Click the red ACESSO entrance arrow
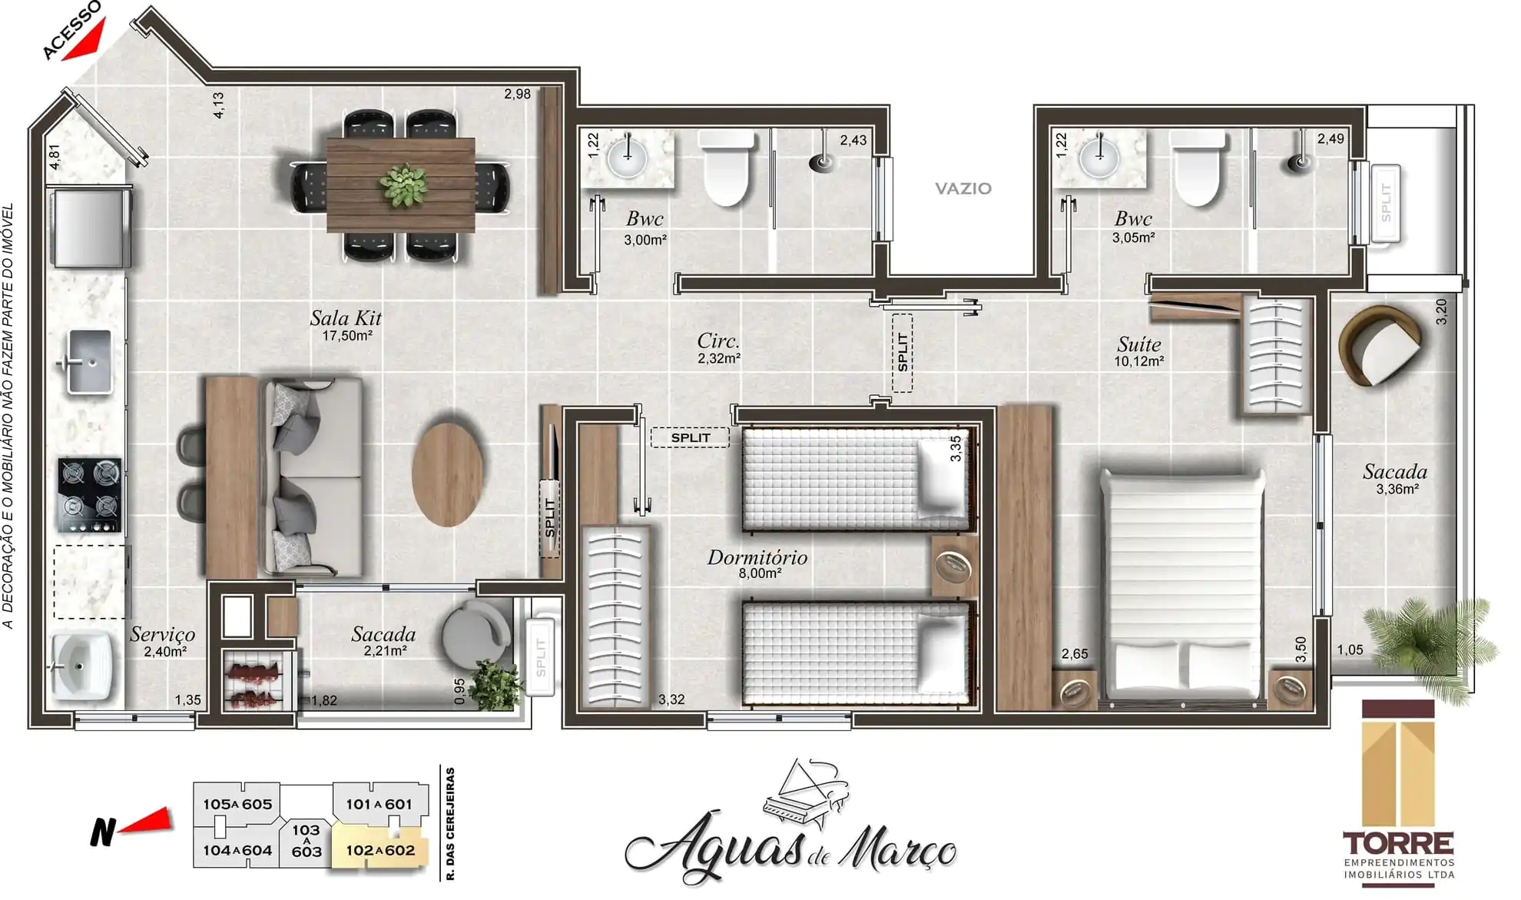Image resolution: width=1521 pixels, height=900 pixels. click(85, 42)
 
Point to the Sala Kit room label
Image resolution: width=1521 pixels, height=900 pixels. click(346, 318)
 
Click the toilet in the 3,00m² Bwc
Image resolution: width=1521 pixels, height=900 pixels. click(727, 168)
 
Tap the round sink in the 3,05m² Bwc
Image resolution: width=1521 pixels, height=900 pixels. click(1099, 158)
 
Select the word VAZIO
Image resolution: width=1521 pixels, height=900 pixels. click(963, 188)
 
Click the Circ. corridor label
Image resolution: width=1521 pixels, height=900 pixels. click(718, 341)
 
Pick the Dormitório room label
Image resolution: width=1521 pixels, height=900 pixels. click(757, 558)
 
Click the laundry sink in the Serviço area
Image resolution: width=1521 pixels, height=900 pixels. click(81, 664)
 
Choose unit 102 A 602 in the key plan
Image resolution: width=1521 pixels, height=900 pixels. click(379, 850)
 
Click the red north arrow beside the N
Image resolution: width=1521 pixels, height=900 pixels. click(147, 822)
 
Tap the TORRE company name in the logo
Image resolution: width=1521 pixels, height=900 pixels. click(1398, 844)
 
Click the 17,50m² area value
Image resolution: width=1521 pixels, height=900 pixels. click(347, 336)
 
